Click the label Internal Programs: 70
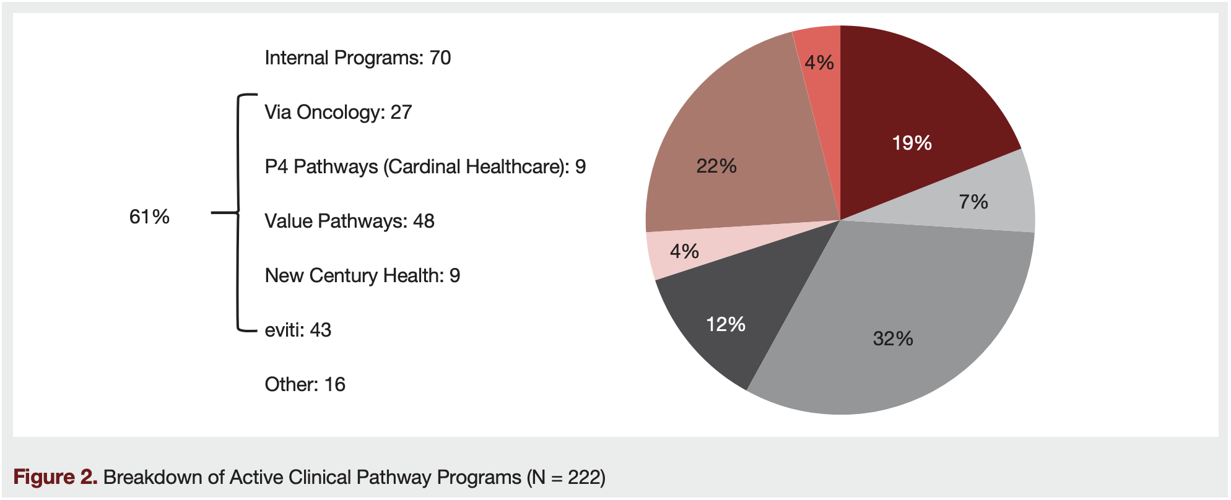(357, 58)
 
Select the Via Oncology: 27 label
(338, 113)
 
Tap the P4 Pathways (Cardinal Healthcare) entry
(425, 167)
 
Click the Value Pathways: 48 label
(349, 222)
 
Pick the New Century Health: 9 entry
(362, 276)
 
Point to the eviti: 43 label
(298, 330)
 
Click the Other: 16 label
(305, 385)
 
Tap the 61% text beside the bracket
(149, 217)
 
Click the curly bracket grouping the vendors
(238, 213)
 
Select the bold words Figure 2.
(55, 478)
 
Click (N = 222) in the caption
(566, 478)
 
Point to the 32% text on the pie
(893, 338)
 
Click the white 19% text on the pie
(911, 143)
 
